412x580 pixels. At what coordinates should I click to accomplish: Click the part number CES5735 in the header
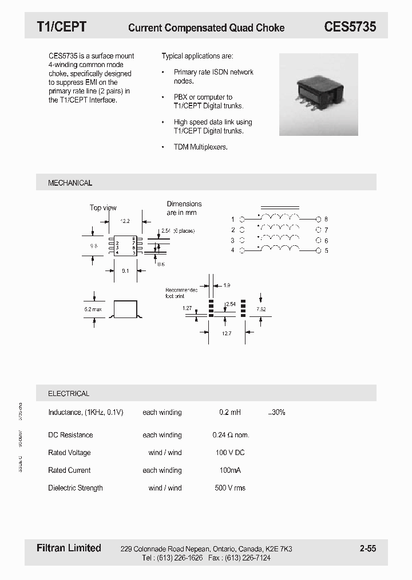click(x=350, y=27)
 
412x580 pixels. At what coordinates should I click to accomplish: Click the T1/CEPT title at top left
click(x=61, y=27)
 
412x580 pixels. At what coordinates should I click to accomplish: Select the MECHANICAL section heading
click(x=70, y=183)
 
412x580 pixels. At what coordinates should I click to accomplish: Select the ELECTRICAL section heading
click(x=69, y=394)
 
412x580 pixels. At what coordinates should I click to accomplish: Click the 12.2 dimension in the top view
click(x=125, y=221)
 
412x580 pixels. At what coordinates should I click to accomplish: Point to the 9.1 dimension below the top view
click(x=125, y=271)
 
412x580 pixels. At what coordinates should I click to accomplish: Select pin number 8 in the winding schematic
click(x=326, y=220)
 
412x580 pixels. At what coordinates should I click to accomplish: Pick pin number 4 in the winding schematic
click(x=232, y=250)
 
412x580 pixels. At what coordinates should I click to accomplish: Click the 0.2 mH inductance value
click(x=230, y=412)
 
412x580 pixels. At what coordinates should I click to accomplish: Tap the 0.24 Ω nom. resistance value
click(x=231, y=435)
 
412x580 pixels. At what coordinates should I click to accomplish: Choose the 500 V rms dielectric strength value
click(x=230, y=488)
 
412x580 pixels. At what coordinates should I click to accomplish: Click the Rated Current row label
click(x=69, y=470)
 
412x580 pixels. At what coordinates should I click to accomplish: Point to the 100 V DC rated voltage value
click(x=230, y=453)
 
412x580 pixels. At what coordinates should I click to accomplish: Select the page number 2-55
click(x=367, y=548)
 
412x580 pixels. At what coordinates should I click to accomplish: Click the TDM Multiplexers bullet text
click(x=200, y=147)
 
